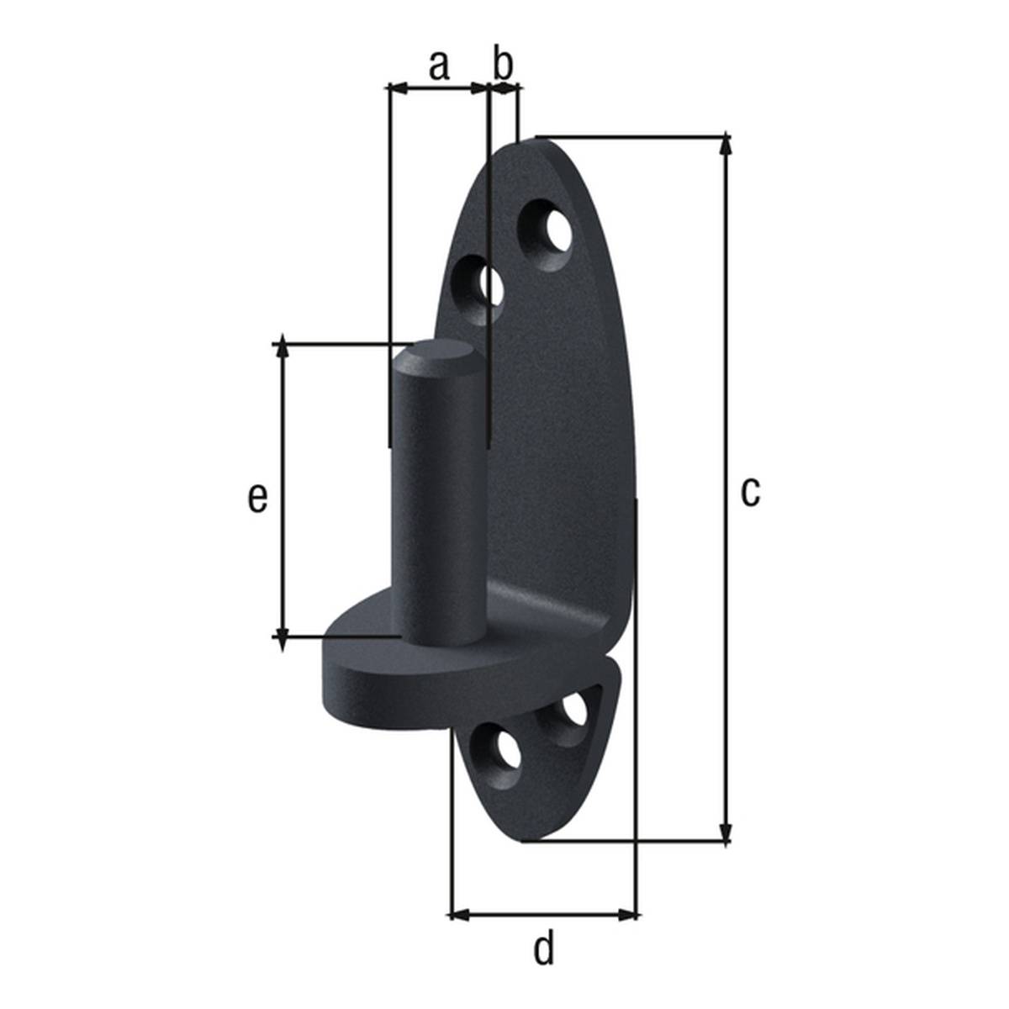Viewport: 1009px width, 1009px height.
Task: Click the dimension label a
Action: click(439, 65)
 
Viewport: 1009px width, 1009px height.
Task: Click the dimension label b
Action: click(502, 64)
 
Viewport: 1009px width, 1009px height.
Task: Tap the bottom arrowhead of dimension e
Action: click(283, 630)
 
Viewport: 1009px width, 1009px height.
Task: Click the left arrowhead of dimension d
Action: click(459, 914)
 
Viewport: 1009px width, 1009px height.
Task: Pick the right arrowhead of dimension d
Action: click(630, 914)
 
